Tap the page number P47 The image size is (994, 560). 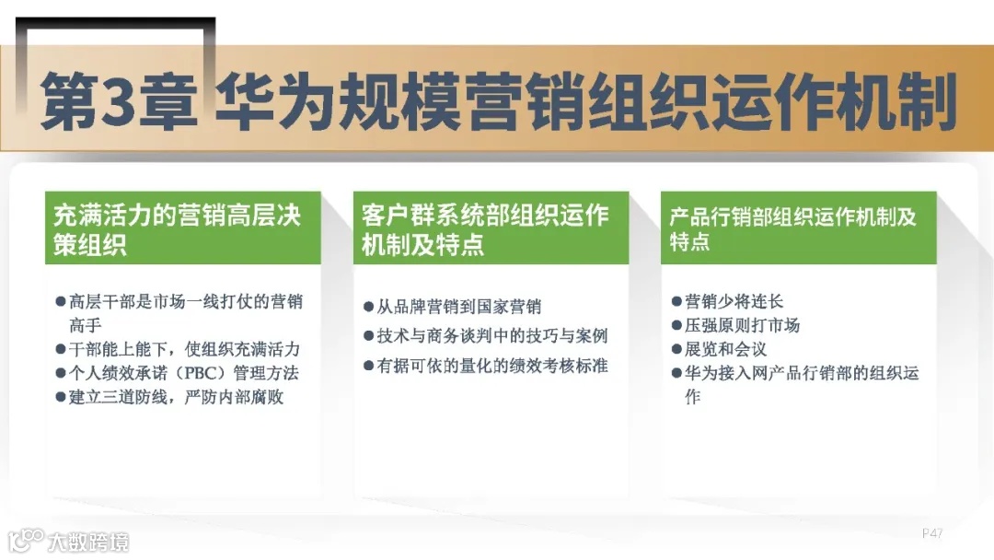tap(931, 533)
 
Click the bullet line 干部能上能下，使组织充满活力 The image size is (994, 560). tap(184, 349)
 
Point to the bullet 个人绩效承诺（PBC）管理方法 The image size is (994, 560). tap(184, 373)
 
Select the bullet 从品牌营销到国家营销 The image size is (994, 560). tap(458, 307)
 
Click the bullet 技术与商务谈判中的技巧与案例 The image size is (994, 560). tap(492, 336)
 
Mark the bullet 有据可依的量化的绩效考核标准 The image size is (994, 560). tap(492, 366)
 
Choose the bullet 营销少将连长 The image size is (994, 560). tap(734, 301)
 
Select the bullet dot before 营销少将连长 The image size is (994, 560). tap(676, 302)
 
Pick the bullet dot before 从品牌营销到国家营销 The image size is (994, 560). tap(369, 308)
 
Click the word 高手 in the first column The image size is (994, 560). tap(85, 325)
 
